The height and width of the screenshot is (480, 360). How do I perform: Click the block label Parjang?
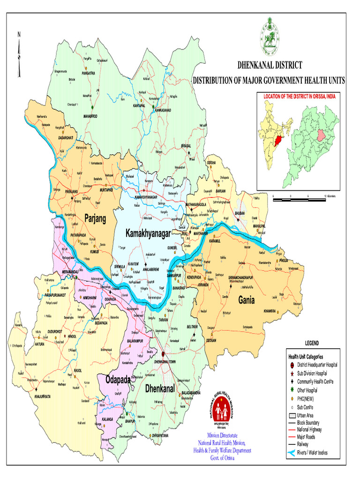click(x=96, y=217)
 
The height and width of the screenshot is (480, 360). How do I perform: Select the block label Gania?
click(x=246, y=300)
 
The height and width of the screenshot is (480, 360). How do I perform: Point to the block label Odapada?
click(x=118, y=379)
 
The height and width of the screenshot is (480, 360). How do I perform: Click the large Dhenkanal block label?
click(x=160, y=389)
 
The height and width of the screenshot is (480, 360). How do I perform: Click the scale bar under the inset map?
click(x=299, y=199)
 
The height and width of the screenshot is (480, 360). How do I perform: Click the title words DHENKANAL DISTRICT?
click(x=270, y=65)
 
